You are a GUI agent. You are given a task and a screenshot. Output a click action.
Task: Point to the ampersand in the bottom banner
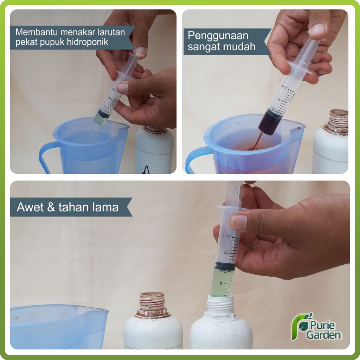click(51, 207)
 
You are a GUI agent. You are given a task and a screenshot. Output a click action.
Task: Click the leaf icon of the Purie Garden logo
click(302, 325)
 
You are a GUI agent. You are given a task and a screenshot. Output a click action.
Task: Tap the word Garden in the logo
click(324, 335)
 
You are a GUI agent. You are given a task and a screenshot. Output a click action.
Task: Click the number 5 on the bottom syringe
click(221, 283)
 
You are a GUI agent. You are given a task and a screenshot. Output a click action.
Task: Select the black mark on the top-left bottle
click(146, 170)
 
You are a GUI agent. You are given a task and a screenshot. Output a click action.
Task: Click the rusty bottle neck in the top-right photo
click(336, 122)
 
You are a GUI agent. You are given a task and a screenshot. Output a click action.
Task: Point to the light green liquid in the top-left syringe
click(101, 120)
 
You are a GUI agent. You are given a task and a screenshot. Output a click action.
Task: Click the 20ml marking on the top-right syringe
click(284, 87)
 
